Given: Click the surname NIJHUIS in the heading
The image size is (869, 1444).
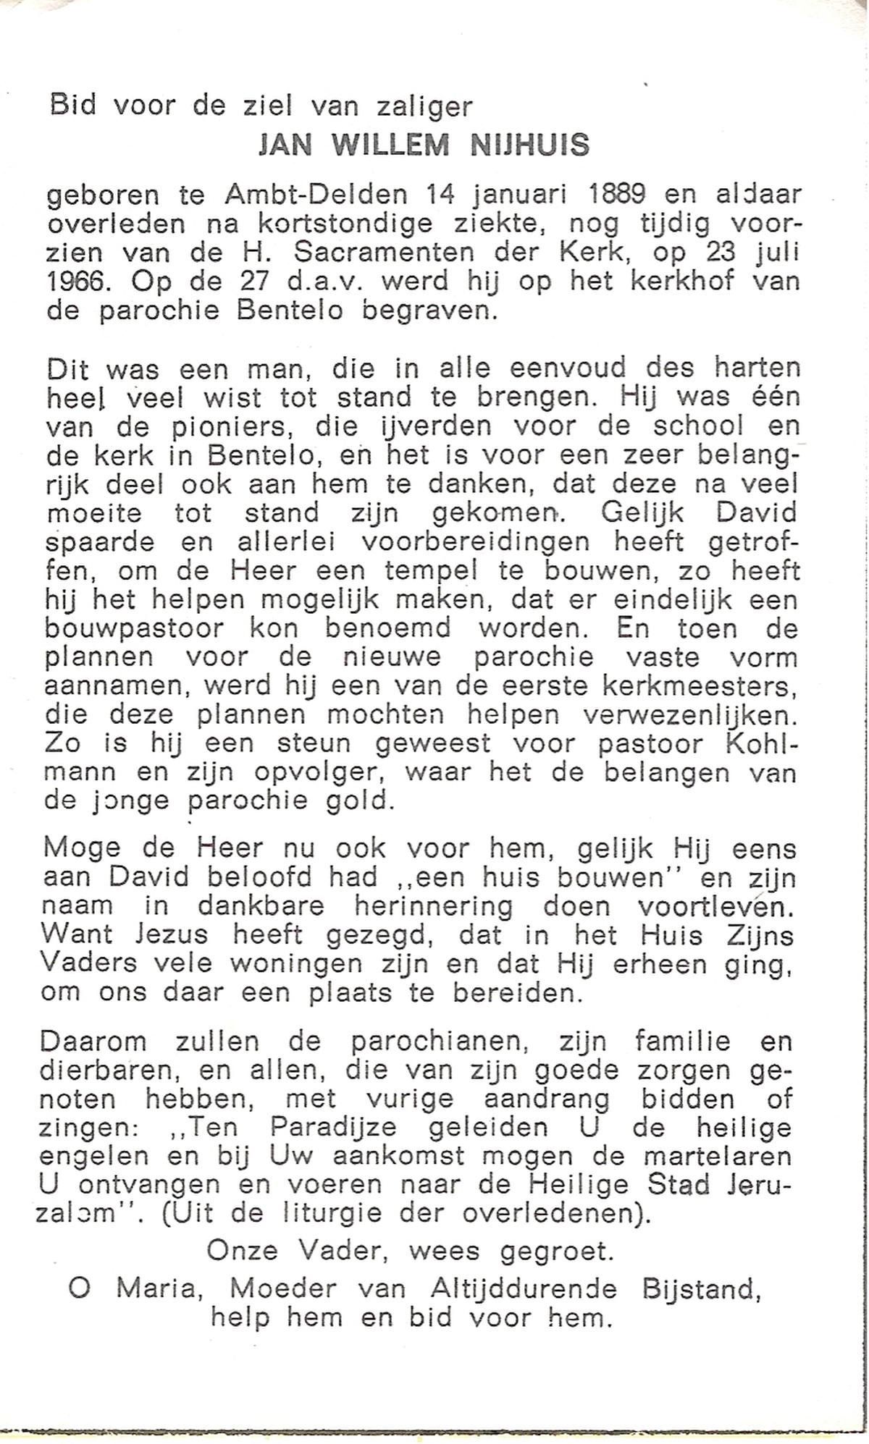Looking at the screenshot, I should (530, 146).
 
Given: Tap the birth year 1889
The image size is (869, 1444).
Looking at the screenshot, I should (607, 195).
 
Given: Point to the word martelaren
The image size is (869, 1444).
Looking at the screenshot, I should (713, 1157).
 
